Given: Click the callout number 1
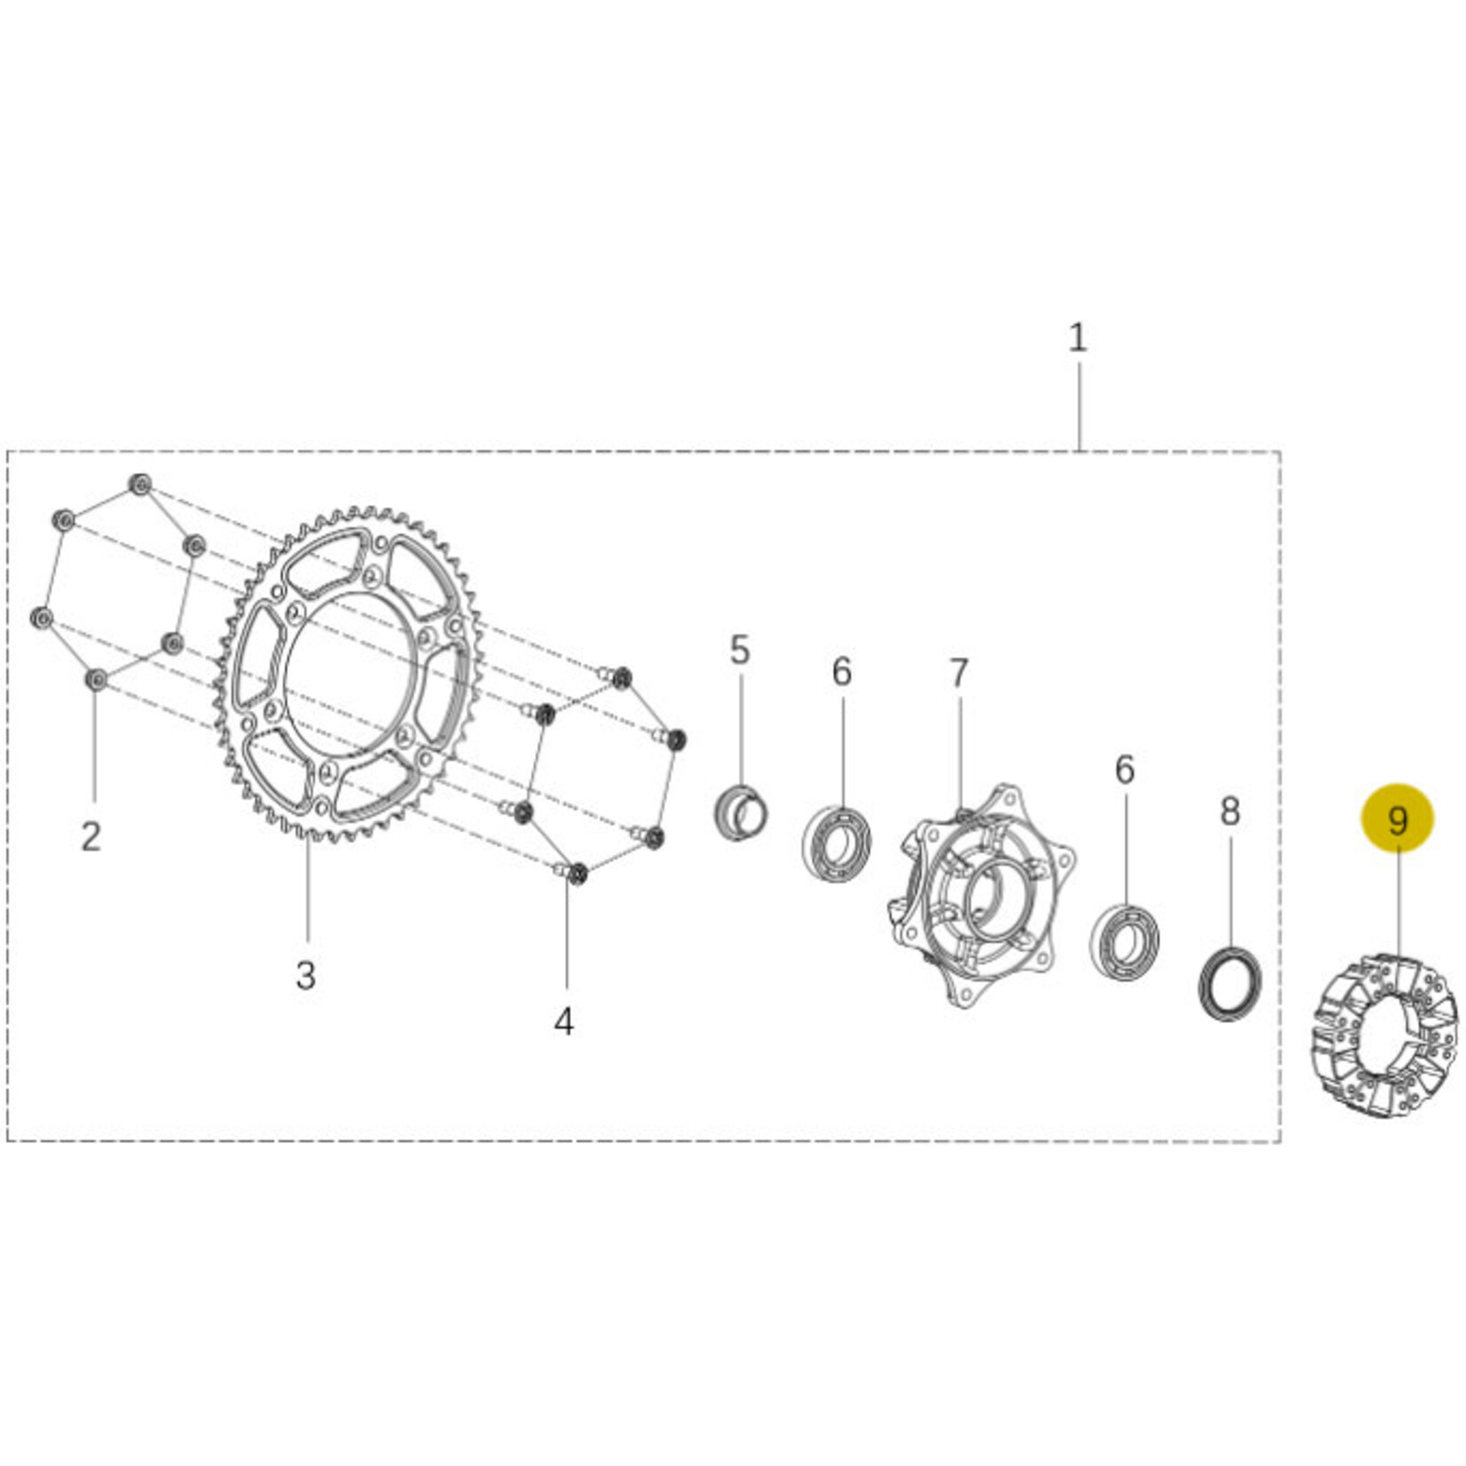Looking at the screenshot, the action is tap(1077, 338).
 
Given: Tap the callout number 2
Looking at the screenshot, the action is tap(91, 836).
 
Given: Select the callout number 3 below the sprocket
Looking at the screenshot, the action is tap(305, 975).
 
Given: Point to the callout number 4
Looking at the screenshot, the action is tap(564, 1021).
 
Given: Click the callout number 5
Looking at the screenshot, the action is tap(740, 650).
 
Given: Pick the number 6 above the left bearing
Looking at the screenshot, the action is tap(841, 672).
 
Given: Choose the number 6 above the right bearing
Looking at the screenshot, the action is tap(1124, 769).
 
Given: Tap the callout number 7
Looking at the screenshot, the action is tap(958, 674).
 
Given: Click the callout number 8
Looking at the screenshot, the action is tap(1229, 811).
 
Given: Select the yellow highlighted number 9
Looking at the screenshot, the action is tap(1398, 819).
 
